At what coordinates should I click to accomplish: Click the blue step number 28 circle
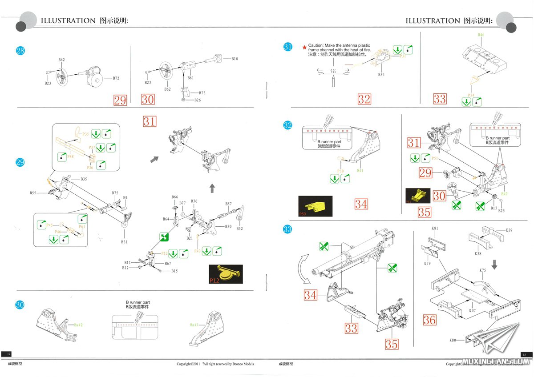click(20, 51)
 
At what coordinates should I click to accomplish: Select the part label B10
click(235, 58)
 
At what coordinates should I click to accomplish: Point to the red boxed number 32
click(364, 99)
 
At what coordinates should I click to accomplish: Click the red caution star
click(304, 46)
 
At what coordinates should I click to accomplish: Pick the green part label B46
click(481, 35)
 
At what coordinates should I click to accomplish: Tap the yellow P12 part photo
click(226, 274)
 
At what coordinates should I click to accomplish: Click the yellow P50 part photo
click(315, 206)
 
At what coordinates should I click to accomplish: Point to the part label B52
click(239, 229)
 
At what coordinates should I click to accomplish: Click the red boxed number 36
click(429, 320)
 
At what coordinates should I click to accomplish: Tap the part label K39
click(509, 230)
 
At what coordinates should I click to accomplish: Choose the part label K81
click(435, 229)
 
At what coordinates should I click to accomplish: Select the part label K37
click(472, 311)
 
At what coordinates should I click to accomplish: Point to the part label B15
click(174, 271)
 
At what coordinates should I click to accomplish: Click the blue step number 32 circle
click(288, 125)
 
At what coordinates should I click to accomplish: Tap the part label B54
click(381, 75)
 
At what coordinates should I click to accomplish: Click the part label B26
click(198, 100)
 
